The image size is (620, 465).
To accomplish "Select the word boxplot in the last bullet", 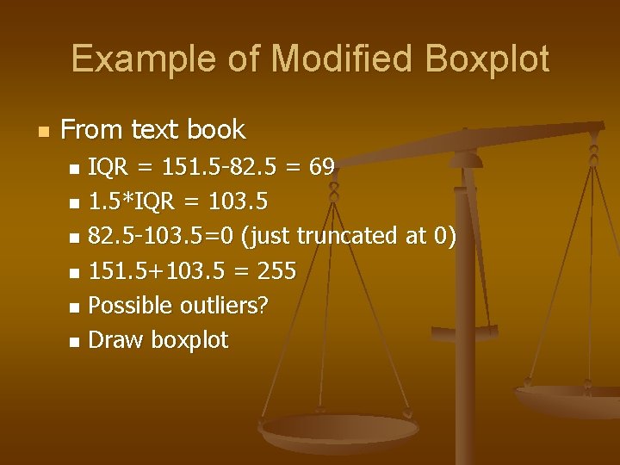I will click(189, 341).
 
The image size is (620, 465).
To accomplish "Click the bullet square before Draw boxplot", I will click(74, 342).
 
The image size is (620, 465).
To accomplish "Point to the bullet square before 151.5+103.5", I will click(74, 273).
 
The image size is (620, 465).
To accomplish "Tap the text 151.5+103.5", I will click(155, 271).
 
